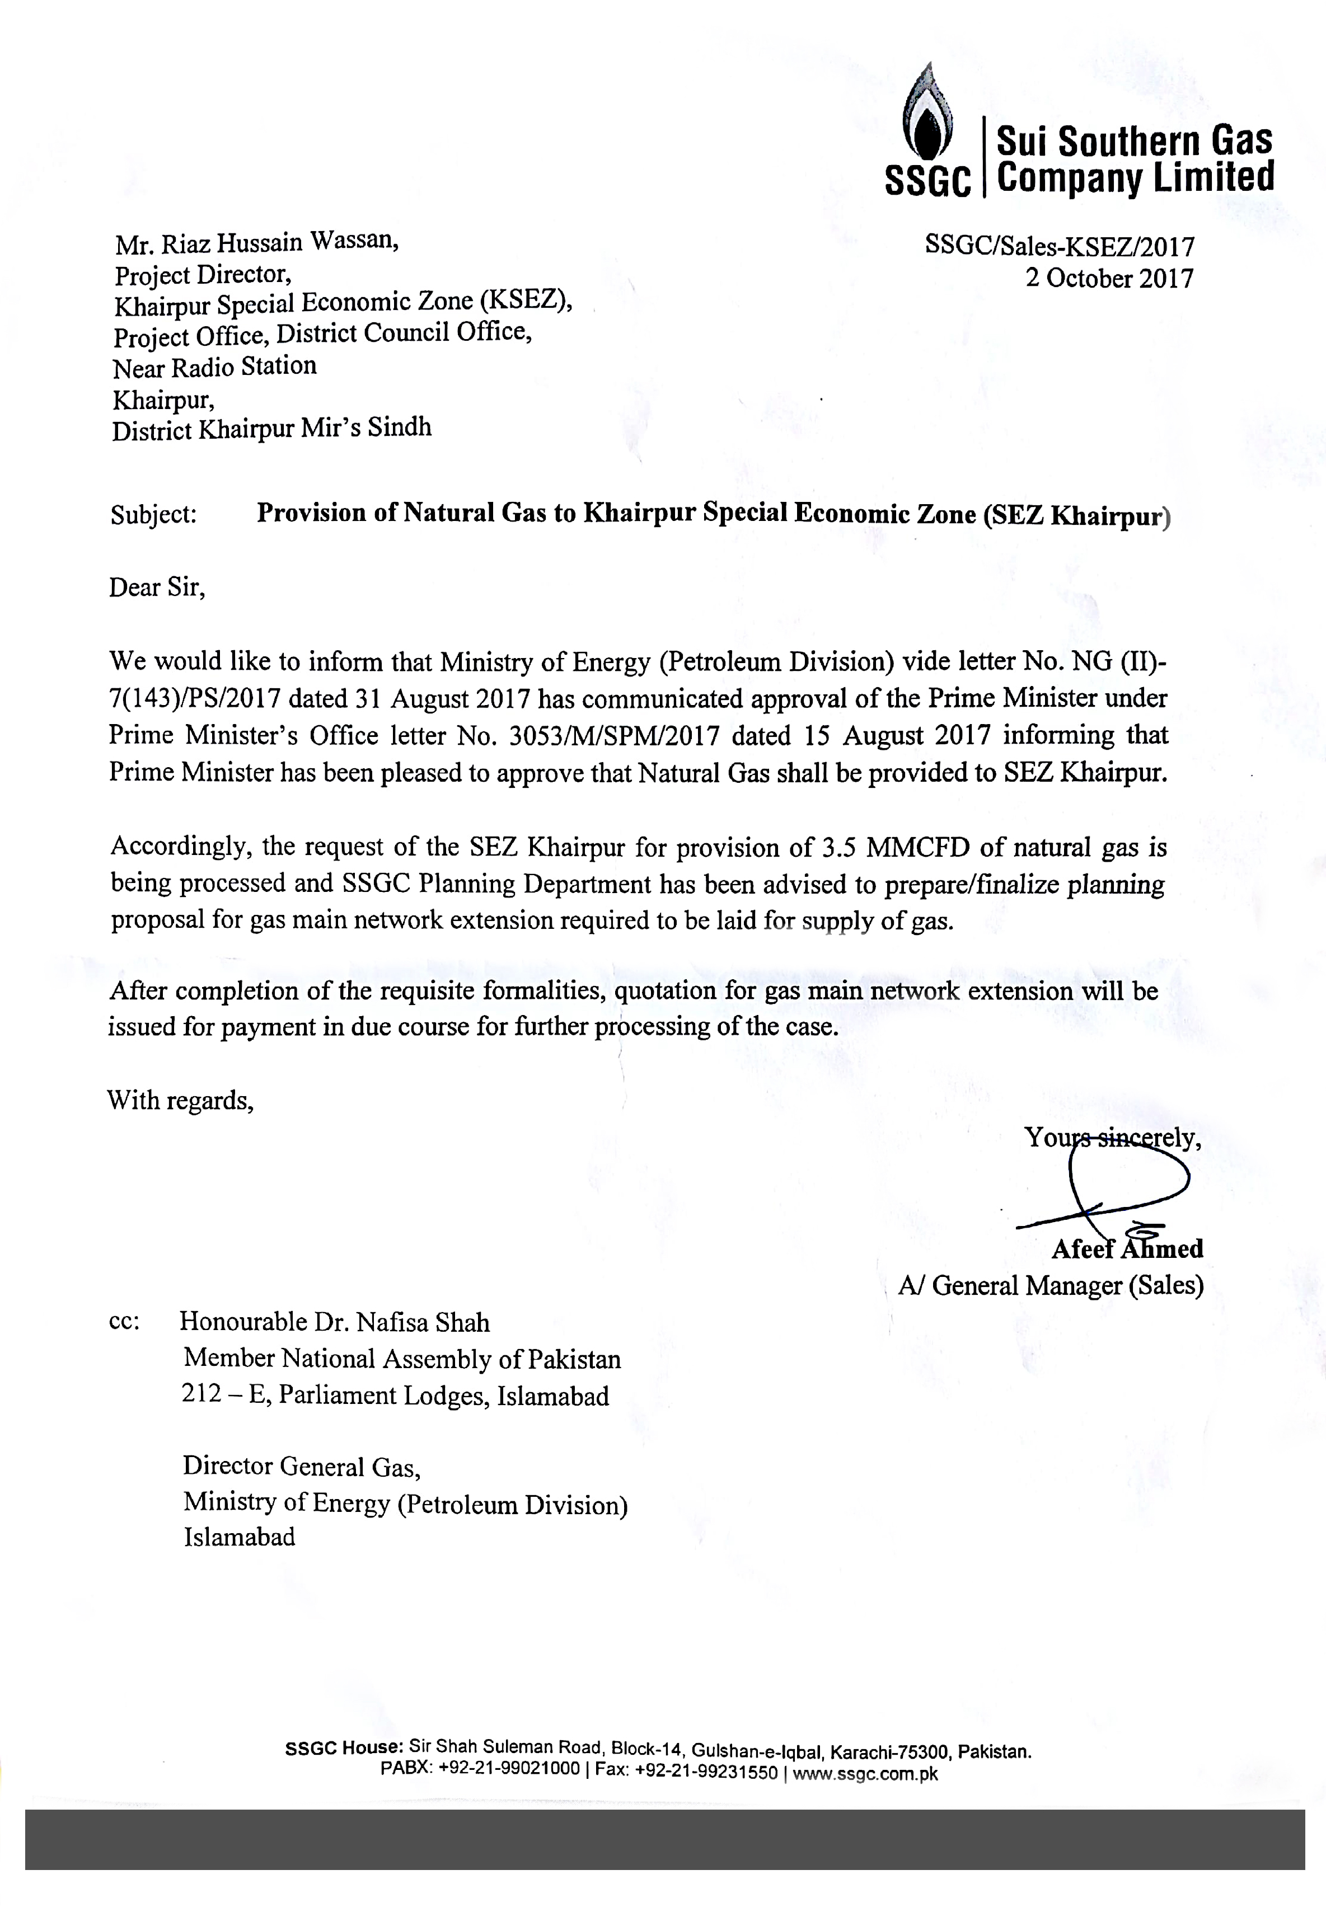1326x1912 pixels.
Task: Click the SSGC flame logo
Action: coord(927,117)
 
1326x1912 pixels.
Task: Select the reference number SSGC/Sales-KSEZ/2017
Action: coord(1060,247)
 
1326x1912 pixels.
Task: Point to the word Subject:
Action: coord(154,515)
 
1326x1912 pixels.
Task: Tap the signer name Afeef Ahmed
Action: coord(1127,1249)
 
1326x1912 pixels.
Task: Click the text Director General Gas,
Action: coord(302,1467)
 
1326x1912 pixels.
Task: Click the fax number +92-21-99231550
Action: coord(706,1771)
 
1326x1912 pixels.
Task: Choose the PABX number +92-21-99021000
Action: coord(508,1768)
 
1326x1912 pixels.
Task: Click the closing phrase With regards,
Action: coord(180,1101)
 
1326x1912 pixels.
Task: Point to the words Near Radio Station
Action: coord(214,367)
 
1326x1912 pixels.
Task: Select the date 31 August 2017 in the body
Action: coord(442,698)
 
